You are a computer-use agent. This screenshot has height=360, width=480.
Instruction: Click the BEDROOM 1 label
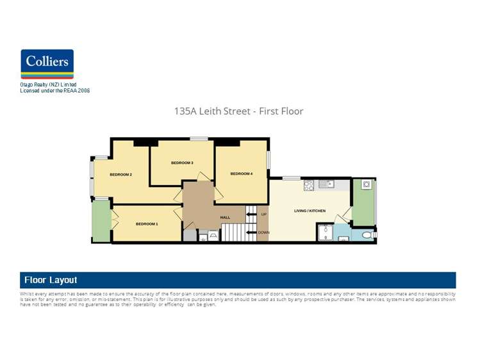point(147,224)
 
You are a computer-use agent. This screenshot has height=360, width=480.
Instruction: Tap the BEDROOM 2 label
point(120,175)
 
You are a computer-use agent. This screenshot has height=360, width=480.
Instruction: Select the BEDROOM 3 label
point(182,163)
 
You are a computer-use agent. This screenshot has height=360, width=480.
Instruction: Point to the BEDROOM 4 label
point(242,174)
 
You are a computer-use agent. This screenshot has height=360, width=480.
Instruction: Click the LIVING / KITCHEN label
point(310,211)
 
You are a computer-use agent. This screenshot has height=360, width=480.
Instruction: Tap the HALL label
point(225,218)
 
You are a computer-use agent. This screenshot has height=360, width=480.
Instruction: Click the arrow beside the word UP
point(251,215)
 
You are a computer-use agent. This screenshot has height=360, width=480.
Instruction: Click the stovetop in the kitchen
point(308,186)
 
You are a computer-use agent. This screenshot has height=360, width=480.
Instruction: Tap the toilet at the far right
point(367,236)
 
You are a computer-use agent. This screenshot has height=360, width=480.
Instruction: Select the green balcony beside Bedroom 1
point(101,222)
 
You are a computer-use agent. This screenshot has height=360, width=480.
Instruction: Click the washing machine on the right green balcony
point(367,184)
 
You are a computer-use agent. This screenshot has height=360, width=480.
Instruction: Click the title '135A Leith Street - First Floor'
point(238,111)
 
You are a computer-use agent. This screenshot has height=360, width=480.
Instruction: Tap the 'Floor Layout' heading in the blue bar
point(51,280)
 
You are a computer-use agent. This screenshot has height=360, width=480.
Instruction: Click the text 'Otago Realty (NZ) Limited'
point(49,85)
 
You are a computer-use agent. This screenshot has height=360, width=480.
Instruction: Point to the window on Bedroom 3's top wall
point(199,138)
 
